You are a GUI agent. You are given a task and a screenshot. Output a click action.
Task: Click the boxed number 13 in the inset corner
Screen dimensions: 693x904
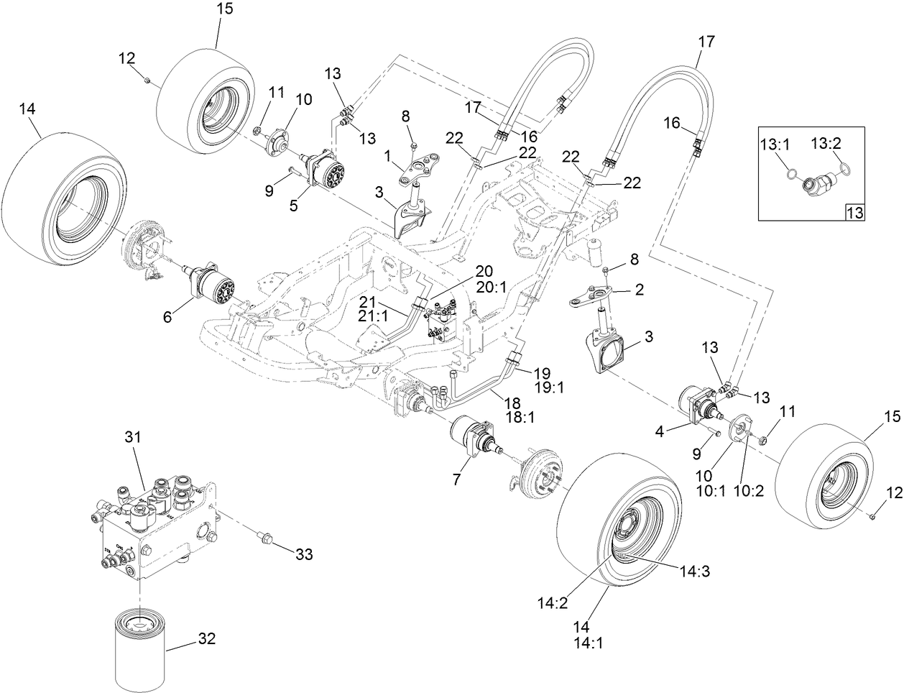click(855, 212)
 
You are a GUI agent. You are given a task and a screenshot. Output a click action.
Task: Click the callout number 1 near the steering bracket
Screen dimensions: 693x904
click(389, 155)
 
